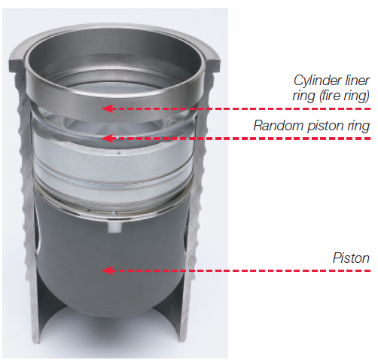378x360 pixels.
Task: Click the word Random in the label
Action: click(275, 127)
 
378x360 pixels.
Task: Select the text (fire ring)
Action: click(346, 96)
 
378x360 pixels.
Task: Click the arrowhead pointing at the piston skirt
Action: click(108, 270)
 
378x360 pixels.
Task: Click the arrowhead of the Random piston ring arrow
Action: click(108, 139)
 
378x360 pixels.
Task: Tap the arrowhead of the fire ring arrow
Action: click(108, 108)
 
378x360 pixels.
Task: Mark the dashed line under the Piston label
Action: click(248, 270)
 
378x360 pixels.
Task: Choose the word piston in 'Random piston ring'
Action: click(324, 127)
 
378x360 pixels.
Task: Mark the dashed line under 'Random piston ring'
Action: click(248, 139)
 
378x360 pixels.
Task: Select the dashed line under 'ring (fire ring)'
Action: click(248, 108)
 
